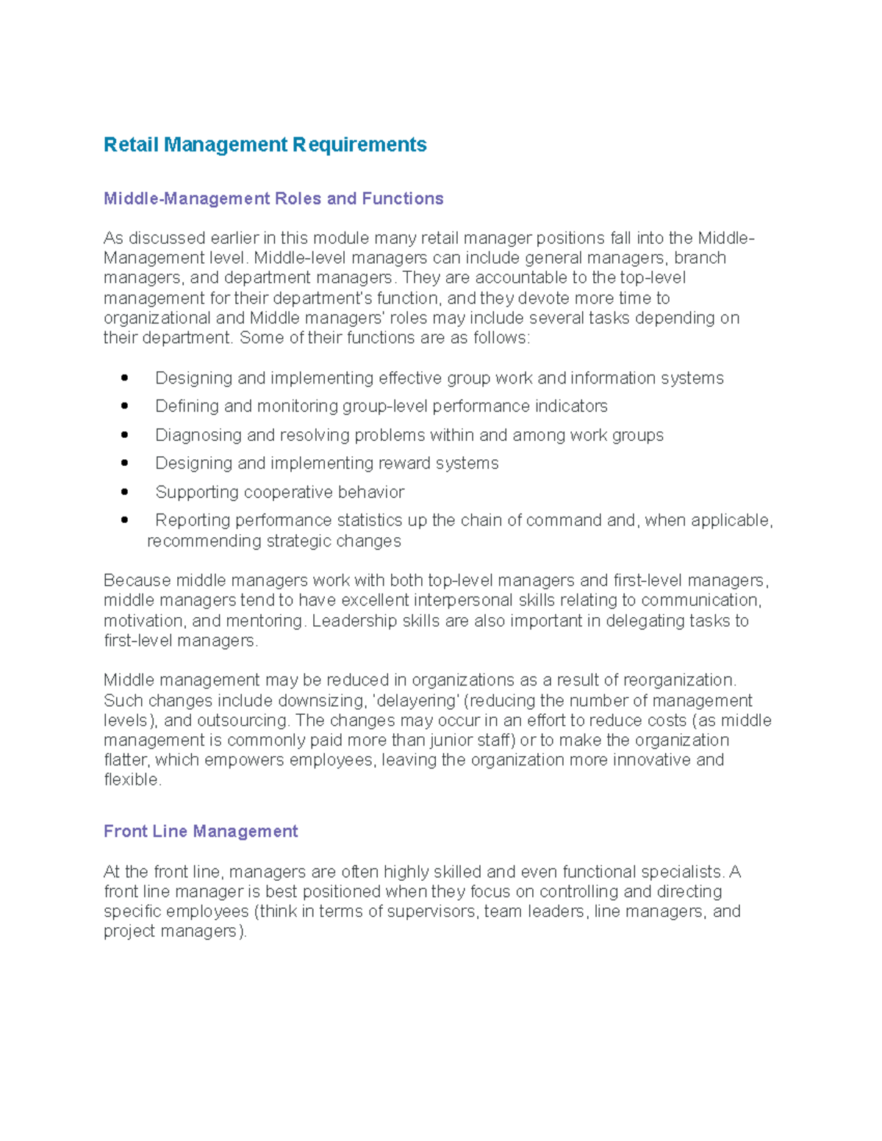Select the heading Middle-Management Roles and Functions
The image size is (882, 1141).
pos(273,198)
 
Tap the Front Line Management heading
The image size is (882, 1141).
pos(201,831)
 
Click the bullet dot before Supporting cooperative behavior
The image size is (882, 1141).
pos(124,492)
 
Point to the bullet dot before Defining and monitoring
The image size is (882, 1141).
pos(124,406)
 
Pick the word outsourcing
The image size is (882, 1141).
pos(243,720)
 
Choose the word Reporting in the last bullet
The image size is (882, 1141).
pos(193,520)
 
